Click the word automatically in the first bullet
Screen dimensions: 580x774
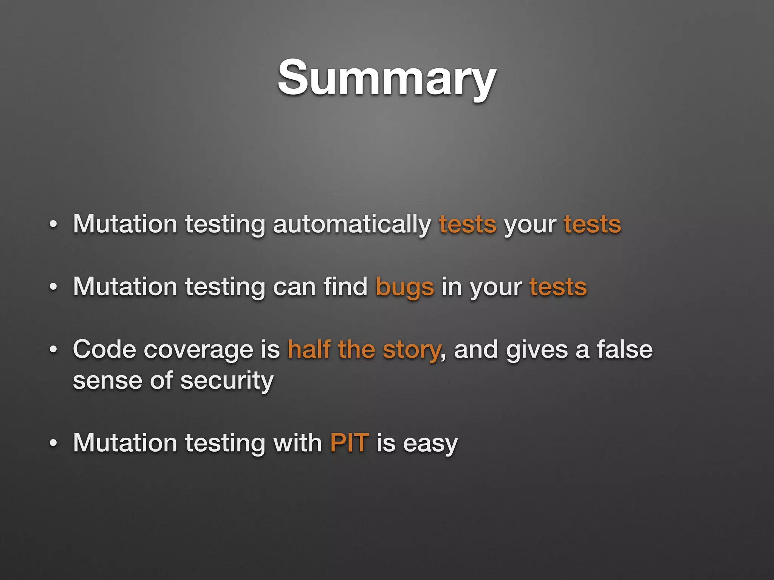352,224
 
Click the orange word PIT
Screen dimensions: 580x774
349,443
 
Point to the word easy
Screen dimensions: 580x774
430,443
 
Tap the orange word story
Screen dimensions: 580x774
411,350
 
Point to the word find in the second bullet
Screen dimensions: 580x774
345,287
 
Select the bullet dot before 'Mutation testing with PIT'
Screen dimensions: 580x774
53,443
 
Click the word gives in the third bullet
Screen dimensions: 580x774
537,350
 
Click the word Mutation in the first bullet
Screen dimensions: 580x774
125,224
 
